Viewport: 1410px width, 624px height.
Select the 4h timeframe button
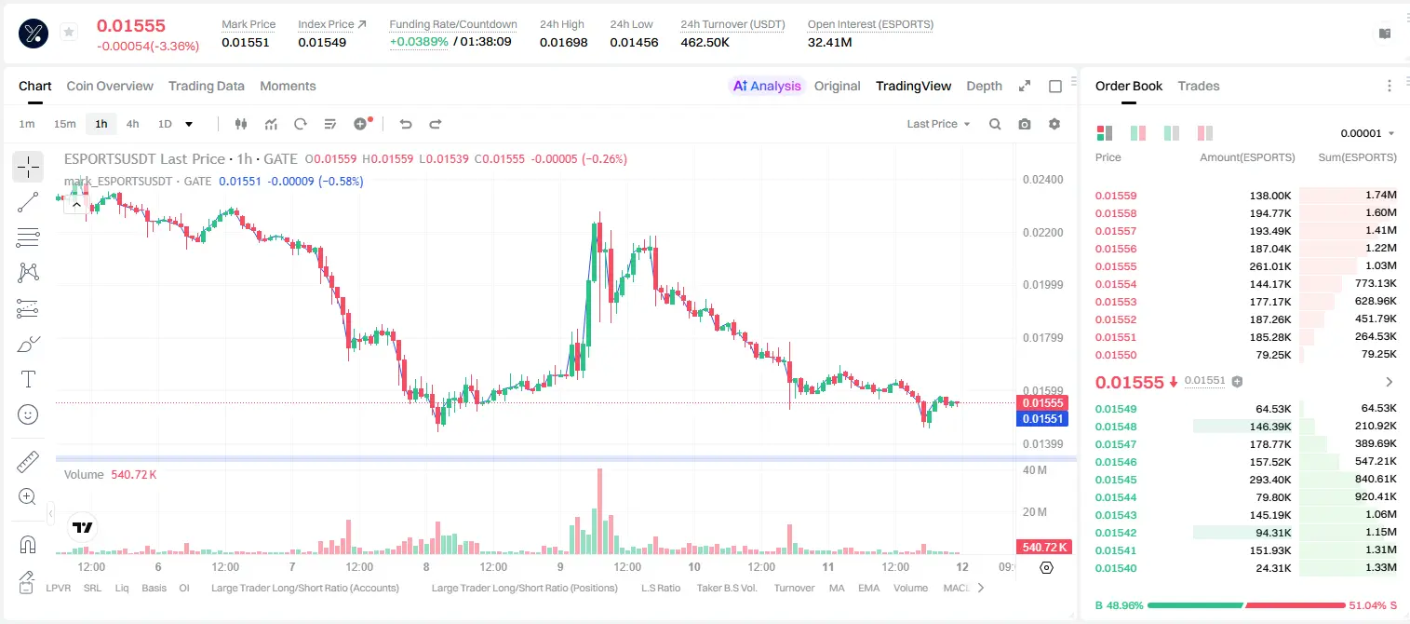[x=132, y=124]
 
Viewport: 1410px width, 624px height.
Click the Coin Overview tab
[x=110, y=86]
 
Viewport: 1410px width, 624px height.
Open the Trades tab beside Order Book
[x=1199, y=86]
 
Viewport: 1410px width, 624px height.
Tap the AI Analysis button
[x=767, y=86]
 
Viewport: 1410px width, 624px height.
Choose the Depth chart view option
[x=984, y=86]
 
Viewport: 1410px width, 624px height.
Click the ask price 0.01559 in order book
[x=1116, y=196]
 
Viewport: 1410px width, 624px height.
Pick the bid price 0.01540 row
[x=1116, y=568]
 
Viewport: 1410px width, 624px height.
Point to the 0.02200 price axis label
[x=1043, y=232]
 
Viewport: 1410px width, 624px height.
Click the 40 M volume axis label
[x=1035, y=470]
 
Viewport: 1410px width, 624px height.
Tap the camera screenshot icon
[x=1025, y=124]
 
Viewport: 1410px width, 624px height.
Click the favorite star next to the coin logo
[x=69, y=32]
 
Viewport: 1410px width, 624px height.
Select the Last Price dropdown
[x=938, y=124]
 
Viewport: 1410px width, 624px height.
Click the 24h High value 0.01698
[x=563, y=42]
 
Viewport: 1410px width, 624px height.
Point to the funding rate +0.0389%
[x=419, y=42]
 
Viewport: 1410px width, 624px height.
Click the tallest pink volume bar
[x=600, y=511]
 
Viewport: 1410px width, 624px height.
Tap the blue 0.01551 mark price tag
[x=1042, y=419]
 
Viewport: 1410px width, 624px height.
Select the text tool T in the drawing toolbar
[x=28, y=379]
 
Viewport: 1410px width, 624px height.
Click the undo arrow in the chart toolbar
[x=406, y=124]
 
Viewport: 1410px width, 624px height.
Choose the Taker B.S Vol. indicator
[x=726, y=588]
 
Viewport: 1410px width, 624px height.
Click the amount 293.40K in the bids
[x=1270, y=480]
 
